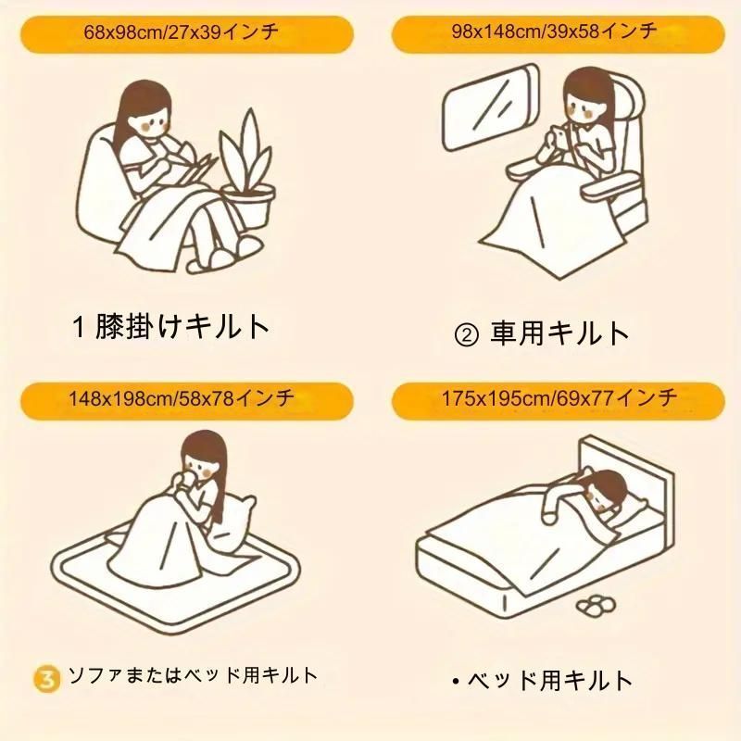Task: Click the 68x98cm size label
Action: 182,32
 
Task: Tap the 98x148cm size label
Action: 554,31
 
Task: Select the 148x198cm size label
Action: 182,399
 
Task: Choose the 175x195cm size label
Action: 559,398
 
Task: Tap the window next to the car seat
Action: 491,107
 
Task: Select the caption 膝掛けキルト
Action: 182,326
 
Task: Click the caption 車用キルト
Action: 559,333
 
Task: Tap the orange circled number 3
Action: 47,679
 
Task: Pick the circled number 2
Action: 466,334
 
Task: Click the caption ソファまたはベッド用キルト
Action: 193,675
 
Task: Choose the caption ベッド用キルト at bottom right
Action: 550,681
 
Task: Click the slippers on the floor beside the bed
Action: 597,607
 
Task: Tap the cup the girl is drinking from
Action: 193,477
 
